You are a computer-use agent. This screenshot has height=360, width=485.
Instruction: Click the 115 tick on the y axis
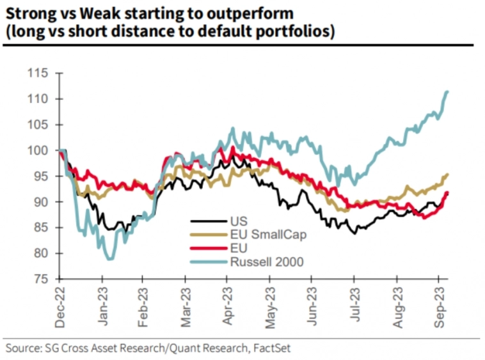pyautogui.click(x=40, y=74)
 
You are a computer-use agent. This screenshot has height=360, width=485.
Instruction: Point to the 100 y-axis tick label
pyautogui.click(x=40, y=150)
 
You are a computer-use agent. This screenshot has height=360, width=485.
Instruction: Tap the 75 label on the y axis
pyautogui.click(x=42, y=279)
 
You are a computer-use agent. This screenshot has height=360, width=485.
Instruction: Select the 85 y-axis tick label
pyautogui.click(x=42, y=228)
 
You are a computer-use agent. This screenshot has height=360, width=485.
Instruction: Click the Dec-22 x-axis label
pyautogui.click(x=60, y=308)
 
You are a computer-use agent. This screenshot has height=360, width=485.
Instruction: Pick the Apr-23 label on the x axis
pyautogui.click(x=227, y=308)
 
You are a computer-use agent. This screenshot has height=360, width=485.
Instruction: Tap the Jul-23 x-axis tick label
pyautogui.click(x=353, y=307)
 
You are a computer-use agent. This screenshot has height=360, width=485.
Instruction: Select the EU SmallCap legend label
pyautogui.click(x=268, y=234)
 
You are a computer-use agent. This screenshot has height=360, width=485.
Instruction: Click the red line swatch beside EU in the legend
pyautogui.click(x=209, y=248)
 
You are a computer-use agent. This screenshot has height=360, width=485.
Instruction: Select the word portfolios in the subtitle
pyautogui.click(x=294, y=32)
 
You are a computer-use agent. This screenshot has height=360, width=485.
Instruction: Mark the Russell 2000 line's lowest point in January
pyautogui.click(x=110, y=258)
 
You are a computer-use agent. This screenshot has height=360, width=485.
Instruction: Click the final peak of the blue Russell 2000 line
pyautogui.click(x=447, y=91)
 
